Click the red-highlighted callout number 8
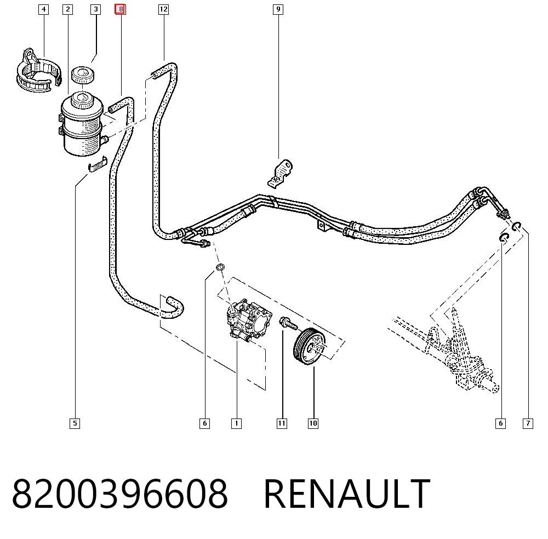120,9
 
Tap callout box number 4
43,9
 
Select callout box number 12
163,9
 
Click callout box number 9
278,9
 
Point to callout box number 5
75,423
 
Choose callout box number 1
236,423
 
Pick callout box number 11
282,423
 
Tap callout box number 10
313,423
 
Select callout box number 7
528,423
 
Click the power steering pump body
249,320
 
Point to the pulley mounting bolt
288,324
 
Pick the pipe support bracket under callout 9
280,174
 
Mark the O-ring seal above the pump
220,267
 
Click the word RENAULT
347,494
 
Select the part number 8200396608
120,494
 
